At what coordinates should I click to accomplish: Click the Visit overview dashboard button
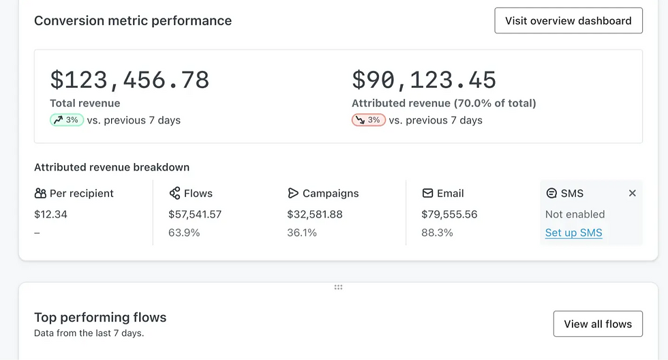click(568, 20)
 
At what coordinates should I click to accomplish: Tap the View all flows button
click(598, 324)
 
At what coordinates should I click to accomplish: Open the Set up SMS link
click(573, 232)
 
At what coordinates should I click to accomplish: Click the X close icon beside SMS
click(632, 194)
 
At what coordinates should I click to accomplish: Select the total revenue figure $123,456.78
click(130, 80)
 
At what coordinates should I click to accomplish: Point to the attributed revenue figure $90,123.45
click(424, 80)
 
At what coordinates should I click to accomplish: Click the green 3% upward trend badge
click(67, 120)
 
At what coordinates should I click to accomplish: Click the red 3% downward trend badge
click(369, 120)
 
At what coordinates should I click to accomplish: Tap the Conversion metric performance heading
click(133, 20)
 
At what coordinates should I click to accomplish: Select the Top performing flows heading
click(100, 317)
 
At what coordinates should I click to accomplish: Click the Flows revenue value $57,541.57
click(195, 214)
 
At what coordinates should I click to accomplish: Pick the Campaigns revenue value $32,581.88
click(315, 214)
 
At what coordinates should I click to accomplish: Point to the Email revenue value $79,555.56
click(449, 214)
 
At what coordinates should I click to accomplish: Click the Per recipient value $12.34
click(50, 214)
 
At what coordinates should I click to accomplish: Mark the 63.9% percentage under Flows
click(184, 232)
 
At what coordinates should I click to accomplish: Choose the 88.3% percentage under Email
click(437, 232)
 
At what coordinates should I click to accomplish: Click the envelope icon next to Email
click(427, 194)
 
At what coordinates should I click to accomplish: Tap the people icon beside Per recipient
click(40, 194)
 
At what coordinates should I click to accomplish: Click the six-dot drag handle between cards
click(338, 287)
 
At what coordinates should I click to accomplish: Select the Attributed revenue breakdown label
click(112, 167)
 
